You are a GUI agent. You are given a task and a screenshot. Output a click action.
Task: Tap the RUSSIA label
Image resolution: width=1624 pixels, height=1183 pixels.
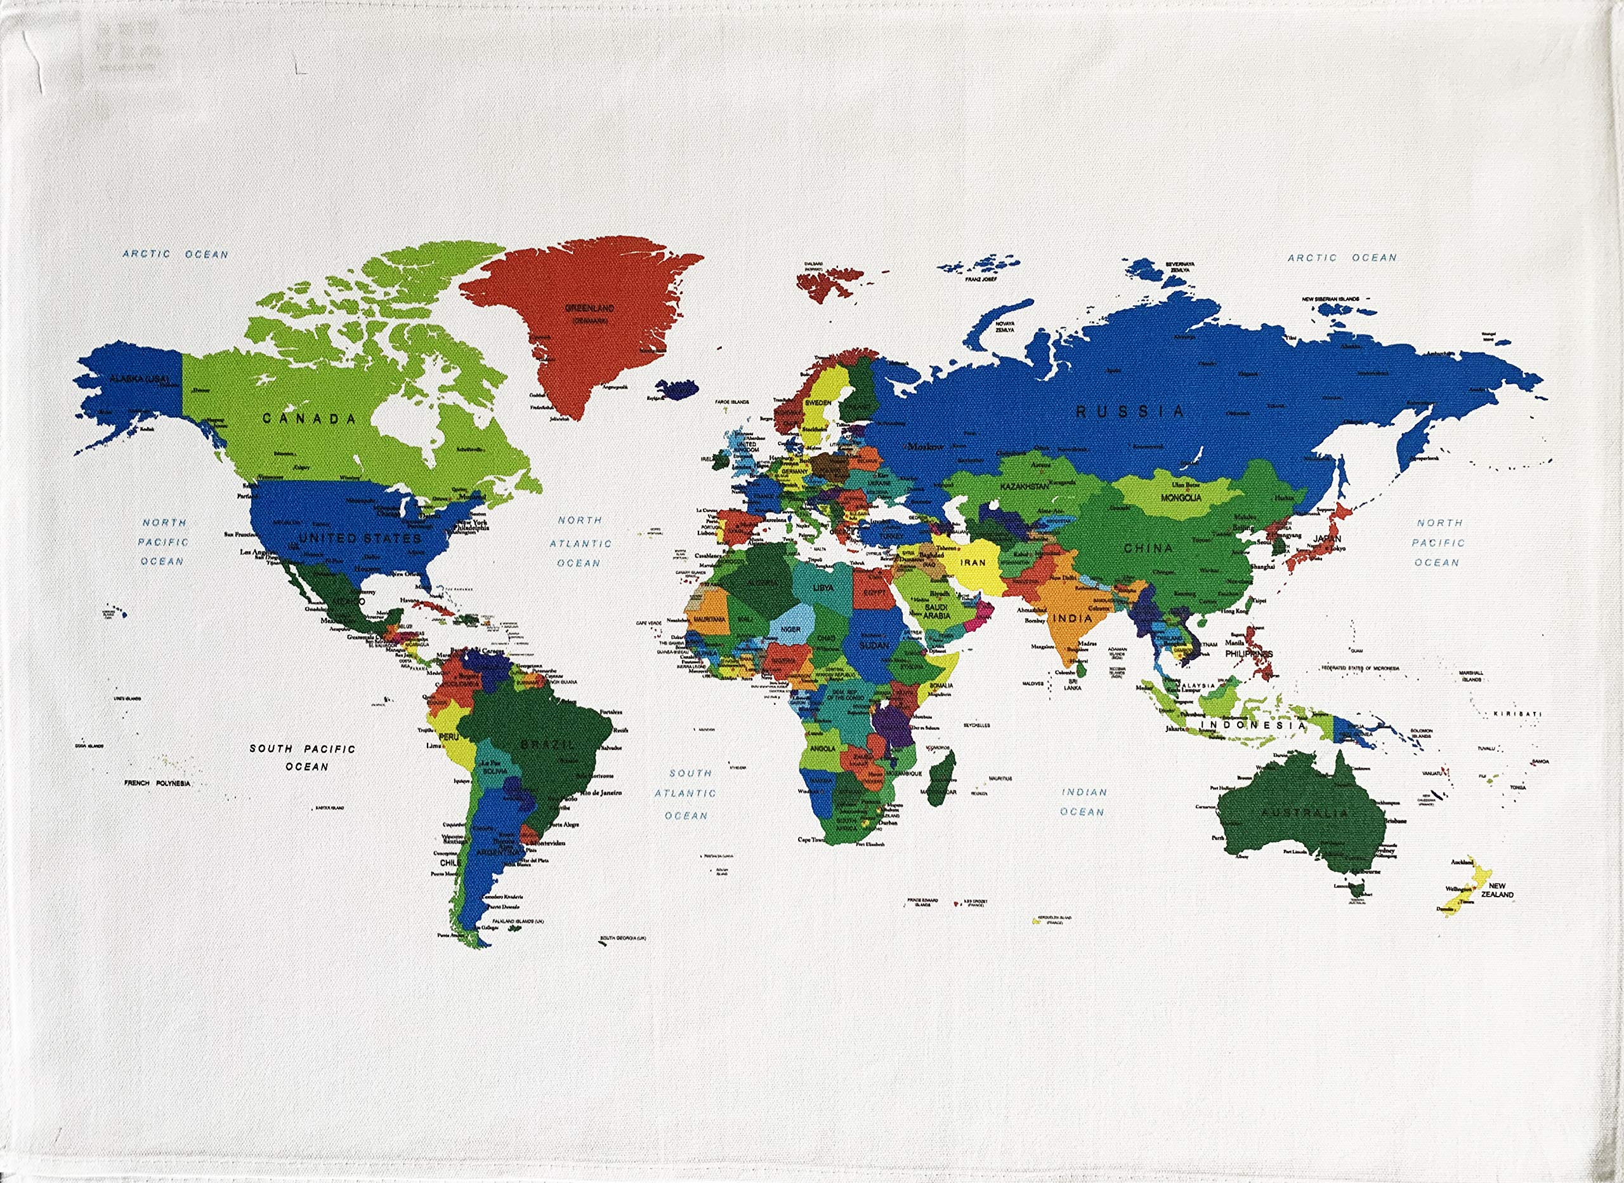point(1130,411)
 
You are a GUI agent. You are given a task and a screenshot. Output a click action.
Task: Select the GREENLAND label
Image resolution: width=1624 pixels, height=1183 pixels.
point(589,308)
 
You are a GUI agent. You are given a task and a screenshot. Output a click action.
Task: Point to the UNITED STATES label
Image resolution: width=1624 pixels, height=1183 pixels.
point(360,537)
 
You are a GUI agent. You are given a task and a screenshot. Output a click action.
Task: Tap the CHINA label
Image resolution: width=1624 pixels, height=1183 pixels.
point(1148,548)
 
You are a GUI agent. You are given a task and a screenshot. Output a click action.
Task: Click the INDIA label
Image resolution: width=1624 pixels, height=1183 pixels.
point(1073,617)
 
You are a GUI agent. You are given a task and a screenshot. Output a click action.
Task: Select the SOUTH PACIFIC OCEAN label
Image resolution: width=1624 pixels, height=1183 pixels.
point(303,758)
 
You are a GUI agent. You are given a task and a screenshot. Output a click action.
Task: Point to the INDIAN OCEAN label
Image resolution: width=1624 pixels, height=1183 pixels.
point(1083,802)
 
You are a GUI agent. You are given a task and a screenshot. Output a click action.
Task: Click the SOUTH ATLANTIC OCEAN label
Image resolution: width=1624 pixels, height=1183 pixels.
point(685,794)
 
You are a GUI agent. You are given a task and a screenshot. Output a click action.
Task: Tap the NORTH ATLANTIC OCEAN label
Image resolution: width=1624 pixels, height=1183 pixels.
point(580,542)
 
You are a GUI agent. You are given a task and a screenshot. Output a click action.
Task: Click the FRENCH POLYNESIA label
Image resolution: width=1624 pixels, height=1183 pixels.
point(157,783)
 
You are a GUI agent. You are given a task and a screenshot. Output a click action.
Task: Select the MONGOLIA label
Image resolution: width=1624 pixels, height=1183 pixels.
point(1181,497)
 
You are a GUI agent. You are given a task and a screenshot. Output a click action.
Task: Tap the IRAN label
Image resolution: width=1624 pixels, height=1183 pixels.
point(973,563)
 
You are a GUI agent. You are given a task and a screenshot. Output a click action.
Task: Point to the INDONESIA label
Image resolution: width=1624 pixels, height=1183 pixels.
point(1252,725)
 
